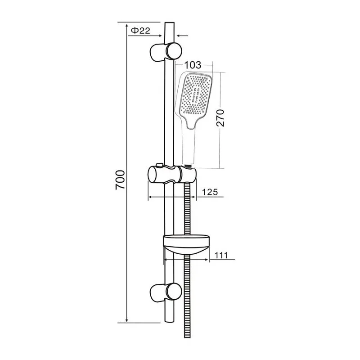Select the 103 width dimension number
(x=192, y=66)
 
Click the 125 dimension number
(x=209, y=192)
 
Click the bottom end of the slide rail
(x=169, y=320)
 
